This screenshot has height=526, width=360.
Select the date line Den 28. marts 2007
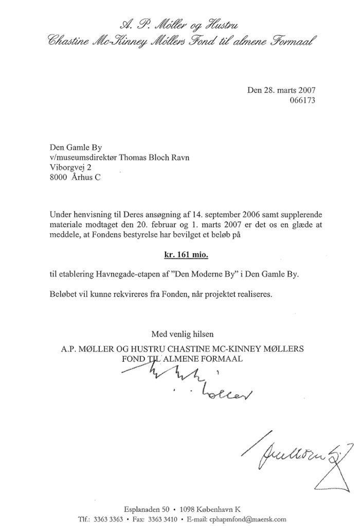pyautogui.click(x=281, y=91)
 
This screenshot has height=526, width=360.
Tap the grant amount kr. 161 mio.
pyautogui.click(x=183, y=255)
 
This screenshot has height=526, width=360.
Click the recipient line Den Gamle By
pyautogui.click(x=76, y=149)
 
